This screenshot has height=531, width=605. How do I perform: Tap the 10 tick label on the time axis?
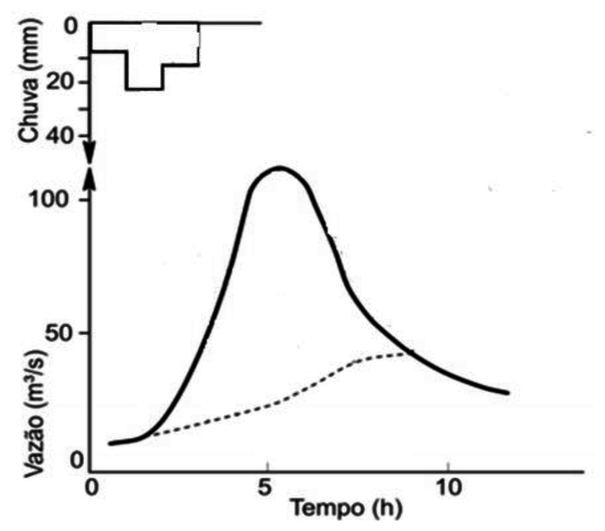pos(447,487)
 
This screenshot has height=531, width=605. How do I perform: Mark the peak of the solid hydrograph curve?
pos(278,168)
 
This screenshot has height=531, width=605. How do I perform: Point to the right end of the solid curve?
pos(507,393)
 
